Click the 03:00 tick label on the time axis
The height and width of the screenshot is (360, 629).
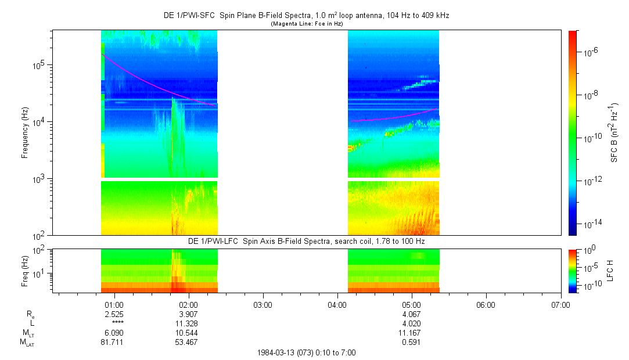coord(263,304)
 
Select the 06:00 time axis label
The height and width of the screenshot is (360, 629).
coord(486,304)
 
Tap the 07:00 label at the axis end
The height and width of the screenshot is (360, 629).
coord(560,304)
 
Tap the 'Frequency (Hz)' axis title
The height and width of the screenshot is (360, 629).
coord(25,133)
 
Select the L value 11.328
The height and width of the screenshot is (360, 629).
coord(188,323)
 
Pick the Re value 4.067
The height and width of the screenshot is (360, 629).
coord(411,314)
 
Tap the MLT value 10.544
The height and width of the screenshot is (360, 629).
coord(188,333)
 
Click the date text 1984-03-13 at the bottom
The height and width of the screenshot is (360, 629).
coord(276,352)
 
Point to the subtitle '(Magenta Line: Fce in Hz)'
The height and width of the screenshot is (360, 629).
coord(307,24)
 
